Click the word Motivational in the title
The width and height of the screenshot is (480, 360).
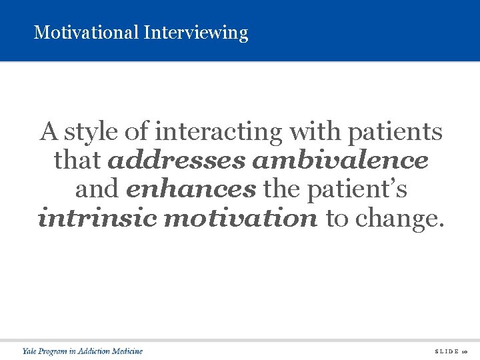[x=86, y=32]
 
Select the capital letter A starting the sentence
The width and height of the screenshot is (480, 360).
[x=48, y=131]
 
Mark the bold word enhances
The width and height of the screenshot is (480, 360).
[x=191, y=189]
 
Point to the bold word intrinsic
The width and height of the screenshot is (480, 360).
[x=97, y=218]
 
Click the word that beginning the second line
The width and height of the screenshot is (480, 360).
[x=77, y=161]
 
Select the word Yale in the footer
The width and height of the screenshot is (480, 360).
[x=30, y=351]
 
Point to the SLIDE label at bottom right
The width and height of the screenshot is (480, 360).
[x=445, y=351]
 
